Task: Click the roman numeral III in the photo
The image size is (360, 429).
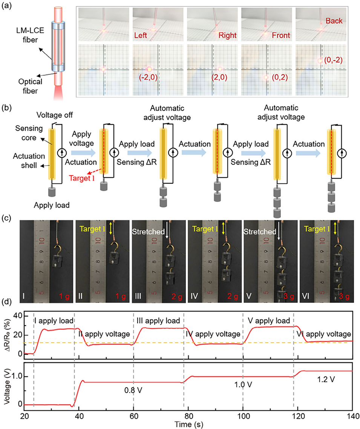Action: click(x=139, y=292)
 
